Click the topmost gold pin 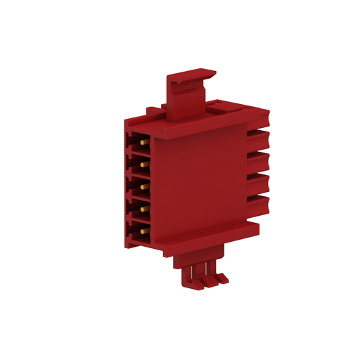point(143,142)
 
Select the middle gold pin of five point(143,187)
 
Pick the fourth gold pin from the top point(143,209)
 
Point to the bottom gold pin point(143,231)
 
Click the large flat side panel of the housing point(200,179)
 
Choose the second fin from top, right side point(258,136)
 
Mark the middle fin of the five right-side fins point(258,159)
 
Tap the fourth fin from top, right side point(258,182)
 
